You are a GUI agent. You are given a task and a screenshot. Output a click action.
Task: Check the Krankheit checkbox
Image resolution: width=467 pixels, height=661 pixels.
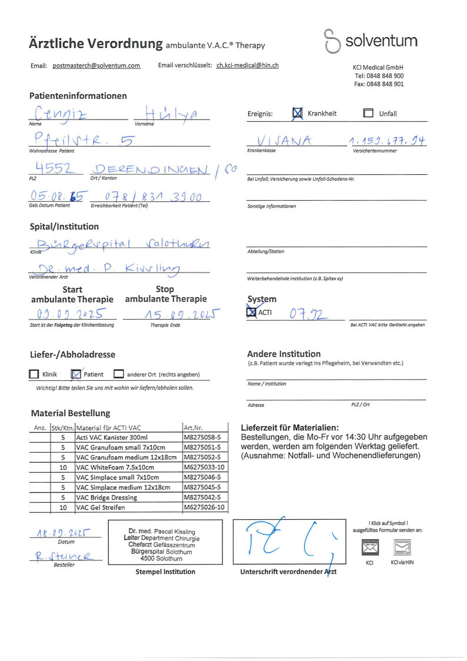pyautogui.click(x=298, y=114)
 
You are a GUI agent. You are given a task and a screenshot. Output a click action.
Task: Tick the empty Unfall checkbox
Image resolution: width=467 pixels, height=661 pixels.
pyautogui.click(x=368, y=114)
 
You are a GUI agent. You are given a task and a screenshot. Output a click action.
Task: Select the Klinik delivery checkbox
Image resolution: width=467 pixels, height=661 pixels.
pyautogui.click(x=34, y=374)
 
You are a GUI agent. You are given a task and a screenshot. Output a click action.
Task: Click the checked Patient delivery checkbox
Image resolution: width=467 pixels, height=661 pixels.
pyautogui.click(x=75, y=374)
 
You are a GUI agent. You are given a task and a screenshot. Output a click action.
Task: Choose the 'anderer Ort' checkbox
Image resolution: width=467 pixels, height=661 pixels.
pyautogui.click(x=118, y=374)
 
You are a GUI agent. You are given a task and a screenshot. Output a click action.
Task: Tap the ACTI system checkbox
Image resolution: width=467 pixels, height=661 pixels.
pyautogui.click(x=252, y=313)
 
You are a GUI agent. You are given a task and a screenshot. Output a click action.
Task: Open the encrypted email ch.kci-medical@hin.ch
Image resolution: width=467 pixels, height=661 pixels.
pyautogui.click(x=248, y=66)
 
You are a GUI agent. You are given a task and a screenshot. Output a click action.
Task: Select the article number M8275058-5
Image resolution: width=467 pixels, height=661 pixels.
pyautogui.click(x=202, y=437)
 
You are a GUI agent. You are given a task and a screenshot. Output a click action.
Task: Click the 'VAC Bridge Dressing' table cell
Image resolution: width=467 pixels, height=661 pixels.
pyautogui.click(x=106, y=497)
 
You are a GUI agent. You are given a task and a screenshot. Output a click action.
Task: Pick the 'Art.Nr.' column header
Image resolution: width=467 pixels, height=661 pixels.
pyautogui.click(x=194, y=427)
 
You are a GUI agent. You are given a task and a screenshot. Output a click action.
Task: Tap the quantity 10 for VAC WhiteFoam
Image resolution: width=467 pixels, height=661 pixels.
pyautogui.click(x=62, y=467)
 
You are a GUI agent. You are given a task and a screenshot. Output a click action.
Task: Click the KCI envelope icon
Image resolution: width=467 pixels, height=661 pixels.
pyautogui.click(x=369, y=548)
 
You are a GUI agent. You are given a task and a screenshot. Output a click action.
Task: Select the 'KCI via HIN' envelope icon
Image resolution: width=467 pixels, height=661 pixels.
pyautogui.click(x=402, y=548)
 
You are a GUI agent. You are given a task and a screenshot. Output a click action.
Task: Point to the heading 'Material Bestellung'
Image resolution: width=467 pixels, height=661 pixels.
pyautogui.click(x=70, y=413)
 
